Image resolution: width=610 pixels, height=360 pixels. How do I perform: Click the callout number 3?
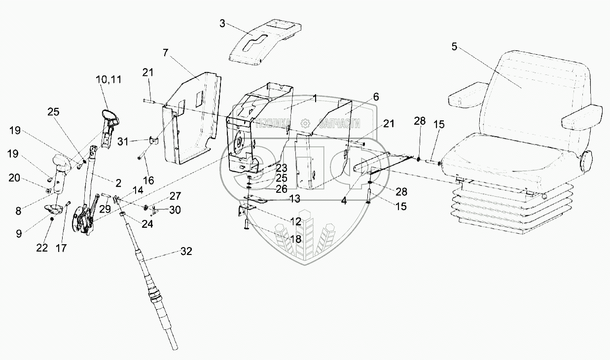[222, 24]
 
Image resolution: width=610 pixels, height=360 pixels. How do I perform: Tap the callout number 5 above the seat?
[454, 47]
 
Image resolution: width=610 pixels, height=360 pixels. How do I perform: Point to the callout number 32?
[186, 252]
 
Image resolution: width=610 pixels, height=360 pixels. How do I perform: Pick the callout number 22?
[42, 247]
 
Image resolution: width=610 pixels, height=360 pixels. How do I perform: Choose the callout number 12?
[295, 222]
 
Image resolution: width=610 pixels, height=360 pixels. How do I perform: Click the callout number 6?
[376, 97]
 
